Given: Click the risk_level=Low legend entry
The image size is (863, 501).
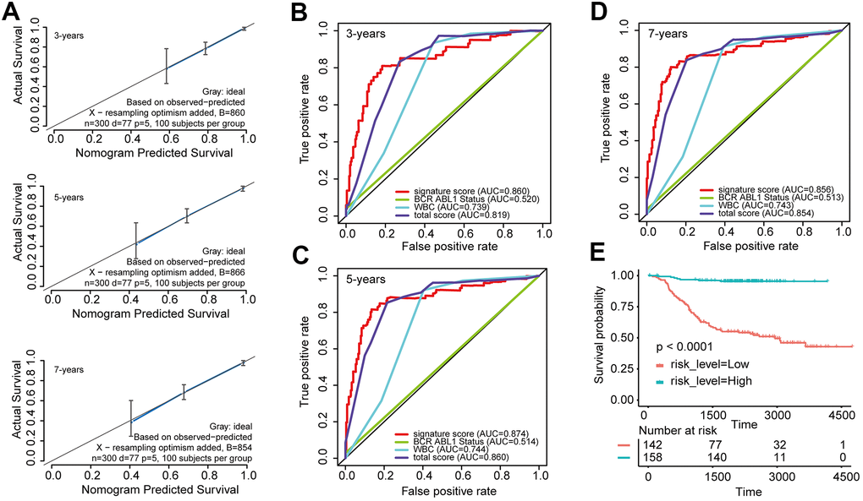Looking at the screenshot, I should click(701, 364).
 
